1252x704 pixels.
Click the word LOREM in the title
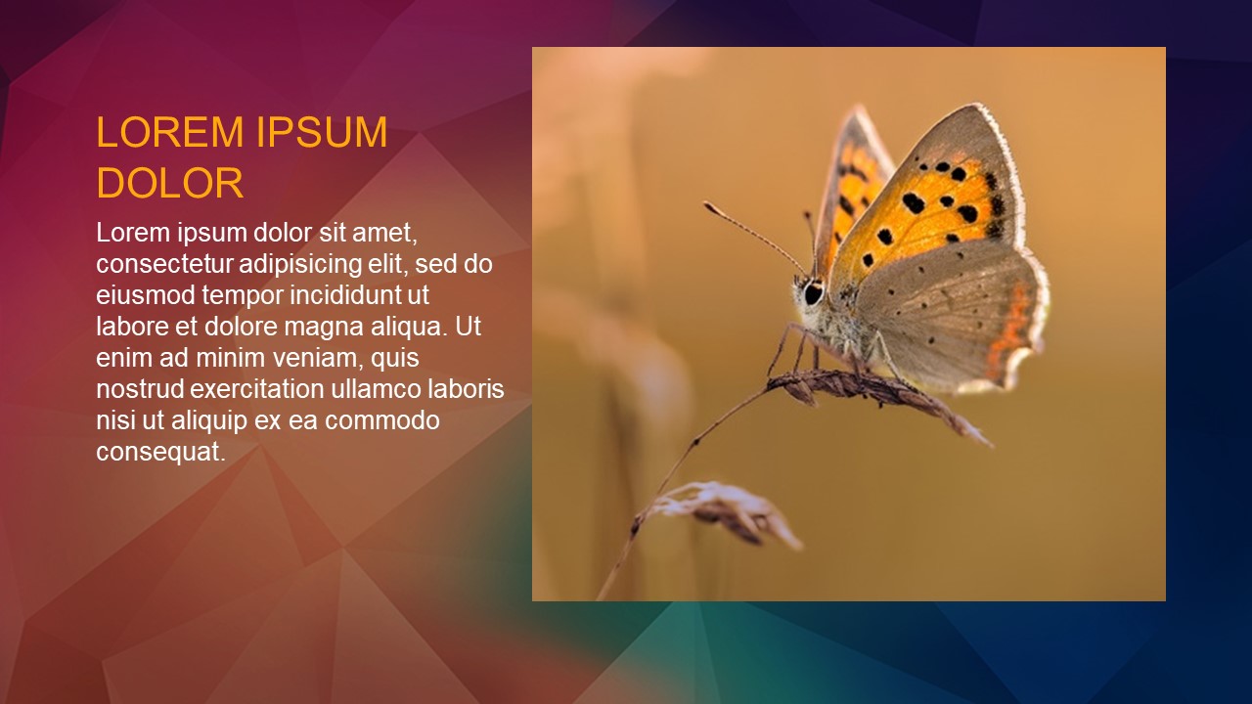pyautogui.click(x=170, y=132)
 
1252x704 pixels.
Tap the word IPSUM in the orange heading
pyautogui.click(x=322, y=132)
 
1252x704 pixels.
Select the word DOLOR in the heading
pyautogui.click(x=170, y=182)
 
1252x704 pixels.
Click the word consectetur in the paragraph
pyautogui.click(x=163, y=264)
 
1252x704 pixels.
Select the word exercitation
pyautogui.click(x=257, y=389)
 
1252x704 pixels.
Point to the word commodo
pyautogui.click(x=382, y=420)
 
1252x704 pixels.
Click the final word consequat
pyautogui.click(x=161, y=453)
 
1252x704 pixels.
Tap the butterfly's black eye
pyautogui.click(x=813, y=292)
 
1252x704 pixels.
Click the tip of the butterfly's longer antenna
pyautogui.click(x=705, y=204)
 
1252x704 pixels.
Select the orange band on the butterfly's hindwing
pyautogui.click(x=1008, y=330)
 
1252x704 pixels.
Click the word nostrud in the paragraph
pyautogui.click(x=140, y=389)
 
